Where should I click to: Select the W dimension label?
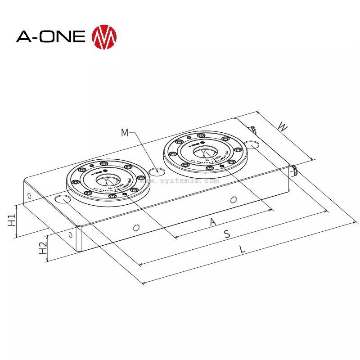click(x=282, y=126)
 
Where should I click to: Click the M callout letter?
click(x=125, y=132)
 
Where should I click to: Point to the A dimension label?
click(x=213, y=221)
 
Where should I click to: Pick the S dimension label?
click(x=227, y=234)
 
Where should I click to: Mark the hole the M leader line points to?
click(x=157, y=171)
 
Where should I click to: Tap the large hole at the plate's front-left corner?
click(x=62, y=199)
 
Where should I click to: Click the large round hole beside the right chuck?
click(x=253, y=145)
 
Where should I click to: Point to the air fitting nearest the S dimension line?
click(x=295, y=170)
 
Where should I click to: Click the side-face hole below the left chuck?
click(x=136, y=227)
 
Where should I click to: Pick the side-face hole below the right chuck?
click(x=233, y=199)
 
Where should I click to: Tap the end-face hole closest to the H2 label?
click(x=71, y=235)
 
